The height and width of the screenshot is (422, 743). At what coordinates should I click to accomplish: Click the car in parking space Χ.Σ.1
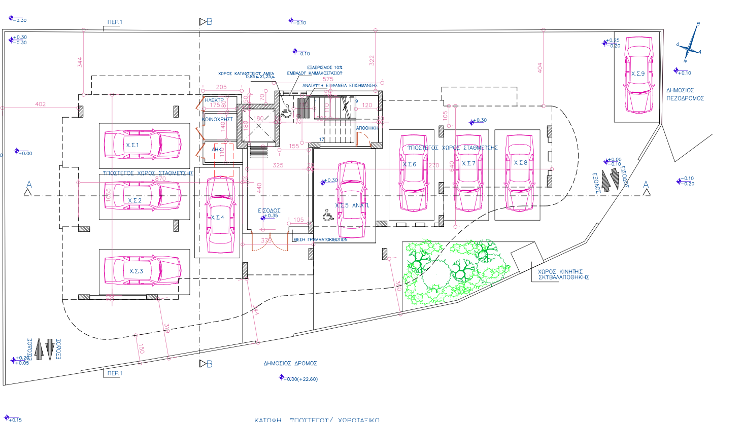point(142,145)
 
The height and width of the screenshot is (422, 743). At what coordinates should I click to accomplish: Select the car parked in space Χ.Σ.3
point(142,270)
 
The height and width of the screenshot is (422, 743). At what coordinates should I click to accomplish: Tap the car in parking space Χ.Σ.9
point(638,75)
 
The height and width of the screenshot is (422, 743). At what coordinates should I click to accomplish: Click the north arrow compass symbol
point(689,47)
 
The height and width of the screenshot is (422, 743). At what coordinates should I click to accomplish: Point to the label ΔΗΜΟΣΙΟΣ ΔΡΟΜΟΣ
point(290,363)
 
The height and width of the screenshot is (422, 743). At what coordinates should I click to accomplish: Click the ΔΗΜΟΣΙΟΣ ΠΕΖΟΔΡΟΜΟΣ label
point(685,94)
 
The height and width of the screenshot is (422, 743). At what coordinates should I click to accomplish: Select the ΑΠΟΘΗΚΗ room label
point(367,128)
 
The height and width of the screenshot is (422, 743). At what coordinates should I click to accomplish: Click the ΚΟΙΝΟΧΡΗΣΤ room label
point(218,119)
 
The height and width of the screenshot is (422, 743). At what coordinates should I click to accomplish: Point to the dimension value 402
point(40,104)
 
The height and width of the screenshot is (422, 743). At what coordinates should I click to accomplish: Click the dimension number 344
point(80,62)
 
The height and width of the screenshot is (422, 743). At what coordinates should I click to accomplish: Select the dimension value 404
point(539,67)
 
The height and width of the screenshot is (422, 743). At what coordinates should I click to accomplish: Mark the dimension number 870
point(160,179)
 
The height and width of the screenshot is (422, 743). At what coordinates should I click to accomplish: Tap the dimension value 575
point(328,79)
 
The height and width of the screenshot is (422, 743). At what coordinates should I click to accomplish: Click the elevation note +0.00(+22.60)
point(300,379)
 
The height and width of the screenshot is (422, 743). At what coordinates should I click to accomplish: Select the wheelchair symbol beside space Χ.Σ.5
point(328,216)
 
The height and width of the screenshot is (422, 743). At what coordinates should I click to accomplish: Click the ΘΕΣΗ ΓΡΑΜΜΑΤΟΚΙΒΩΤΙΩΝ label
point(321,239)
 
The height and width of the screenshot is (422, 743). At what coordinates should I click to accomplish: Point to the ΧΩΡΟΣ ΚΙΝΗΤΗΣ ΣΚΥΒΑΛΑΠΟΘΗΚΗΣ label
point(563,274)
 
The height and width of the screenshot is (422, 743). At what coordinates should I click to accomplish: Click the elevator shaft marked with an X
point(259,125)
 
